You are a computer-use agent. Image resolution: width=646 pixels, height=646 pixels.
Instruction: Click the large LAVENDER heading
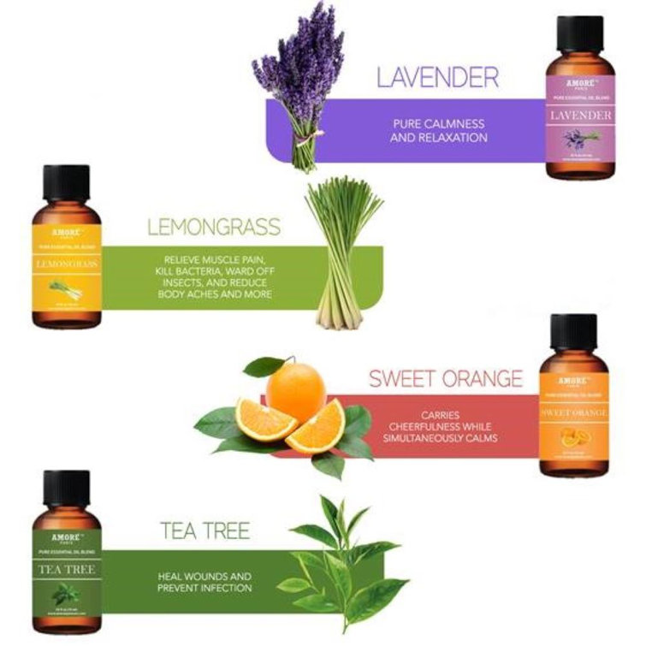[437, 78]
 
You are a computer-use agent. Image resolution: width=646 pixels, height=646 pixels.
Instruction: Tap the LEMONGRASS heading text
[214, 227]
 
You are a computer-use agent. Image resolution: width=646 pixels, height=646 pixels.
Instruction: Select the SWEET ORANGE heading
[445, 378]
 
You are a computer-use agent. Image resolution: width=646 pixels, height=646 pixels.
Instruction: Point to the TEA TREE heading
[204, 530]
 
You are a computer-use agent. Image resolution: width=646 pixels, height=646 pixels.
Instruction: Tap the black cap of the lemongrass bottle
[66, 183]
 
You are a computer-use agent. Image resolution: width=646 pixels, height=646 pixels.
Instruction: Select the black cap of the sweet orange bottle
[573, 333]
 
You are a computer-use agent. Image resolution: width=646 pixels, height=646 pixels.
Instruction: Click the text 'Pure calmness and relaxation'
[438, 130]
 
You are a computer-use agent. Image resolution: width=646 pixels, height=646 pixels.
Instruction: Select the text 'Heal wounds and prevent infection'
[204, 582]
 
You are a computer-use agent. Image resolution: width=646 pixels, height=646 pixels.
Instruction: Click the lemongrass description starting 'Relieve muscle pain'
[216, 276]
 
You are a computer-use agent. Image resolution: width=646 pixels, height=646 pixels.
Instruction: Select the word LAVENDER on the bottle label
[580, 115]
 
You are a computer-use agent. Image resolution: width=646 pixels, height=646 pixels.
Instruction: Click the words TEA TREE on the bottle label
[67, 568]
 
